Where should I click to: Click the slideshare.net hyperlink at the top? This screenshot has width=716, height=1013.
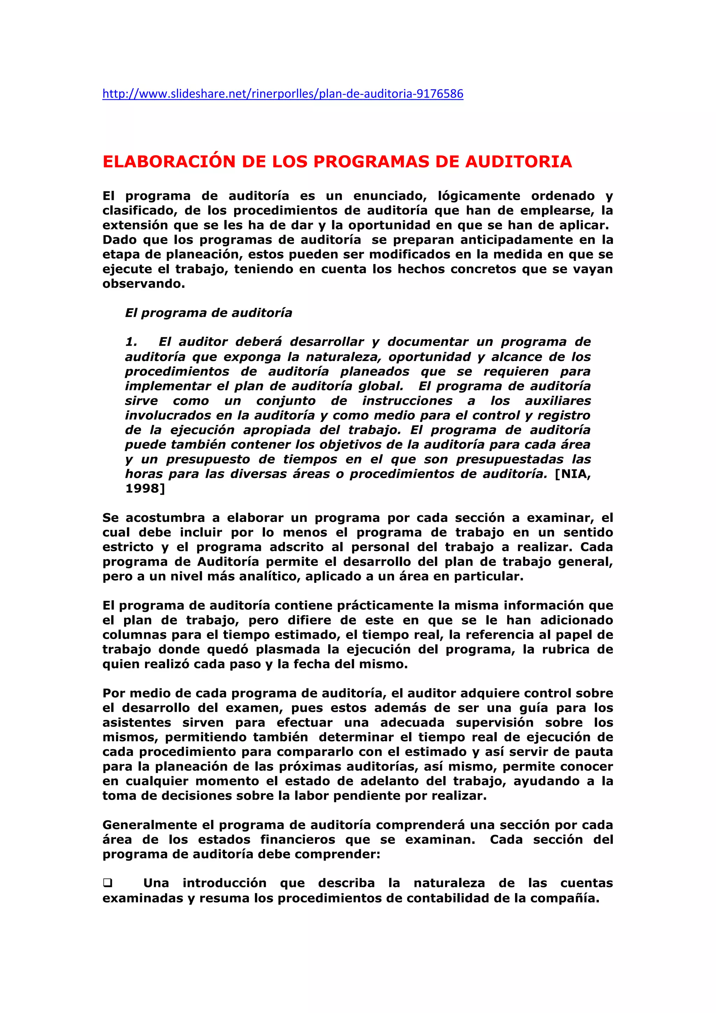coord(282,94)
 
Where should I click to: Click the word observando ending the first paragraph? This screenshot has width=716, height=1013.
coord(143,284)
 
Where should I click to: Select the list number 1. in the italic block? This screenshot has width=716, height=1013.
coord(131,342)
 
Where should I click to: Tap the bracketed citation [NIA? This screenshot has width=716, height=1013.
coord(572,474)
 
